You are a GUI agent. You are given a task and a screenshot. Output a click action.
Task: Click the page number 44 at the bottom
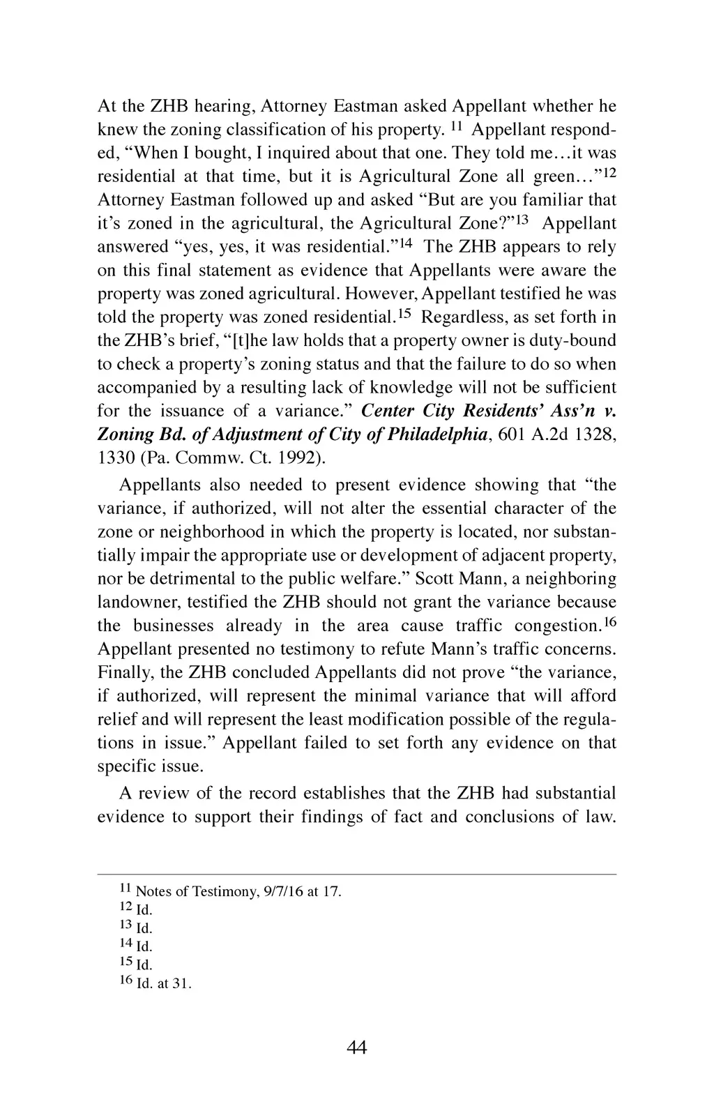point(356,1047)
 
